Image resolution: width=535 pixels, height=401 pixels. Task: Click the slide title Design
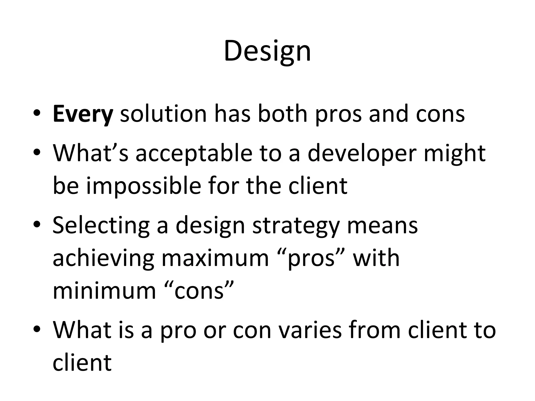267,51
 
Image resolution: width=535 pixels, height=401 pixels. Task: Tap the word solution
163,114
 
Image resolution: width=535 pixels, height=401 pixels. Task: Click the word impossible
144,186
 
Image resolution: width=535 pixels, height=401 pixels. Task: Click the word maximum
215,258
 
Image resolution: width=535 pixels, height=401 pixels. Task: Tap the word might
455,154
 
